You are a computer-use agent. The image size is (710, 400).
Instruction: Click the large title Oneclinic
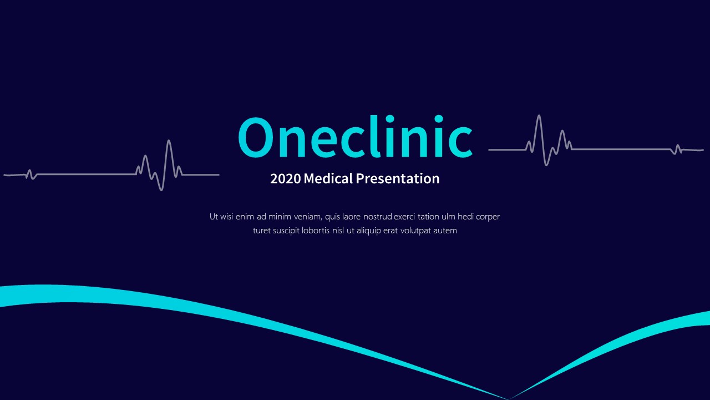(x=355, y=138)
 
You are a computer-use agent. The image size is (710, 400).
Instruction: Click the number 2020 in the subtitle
(x=285, y=179)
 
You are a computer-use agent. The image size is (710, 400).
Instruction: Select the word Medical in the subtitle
(x=328, y=179)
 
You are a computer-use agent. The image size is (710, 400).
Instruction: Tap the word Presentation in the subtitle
(x=397, y=179)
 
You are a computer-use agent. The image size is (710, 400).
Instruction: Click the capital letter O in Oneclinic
(x=258, y=138)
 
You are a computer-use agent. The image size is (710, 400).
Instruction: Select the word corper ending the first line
(x=488, y=217)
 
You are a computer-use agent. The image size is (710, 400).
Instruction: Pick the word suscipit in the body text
(x=286, y=231)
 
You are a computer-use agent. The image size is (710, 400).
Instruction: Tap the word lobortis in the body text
(x=316, y=231)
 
